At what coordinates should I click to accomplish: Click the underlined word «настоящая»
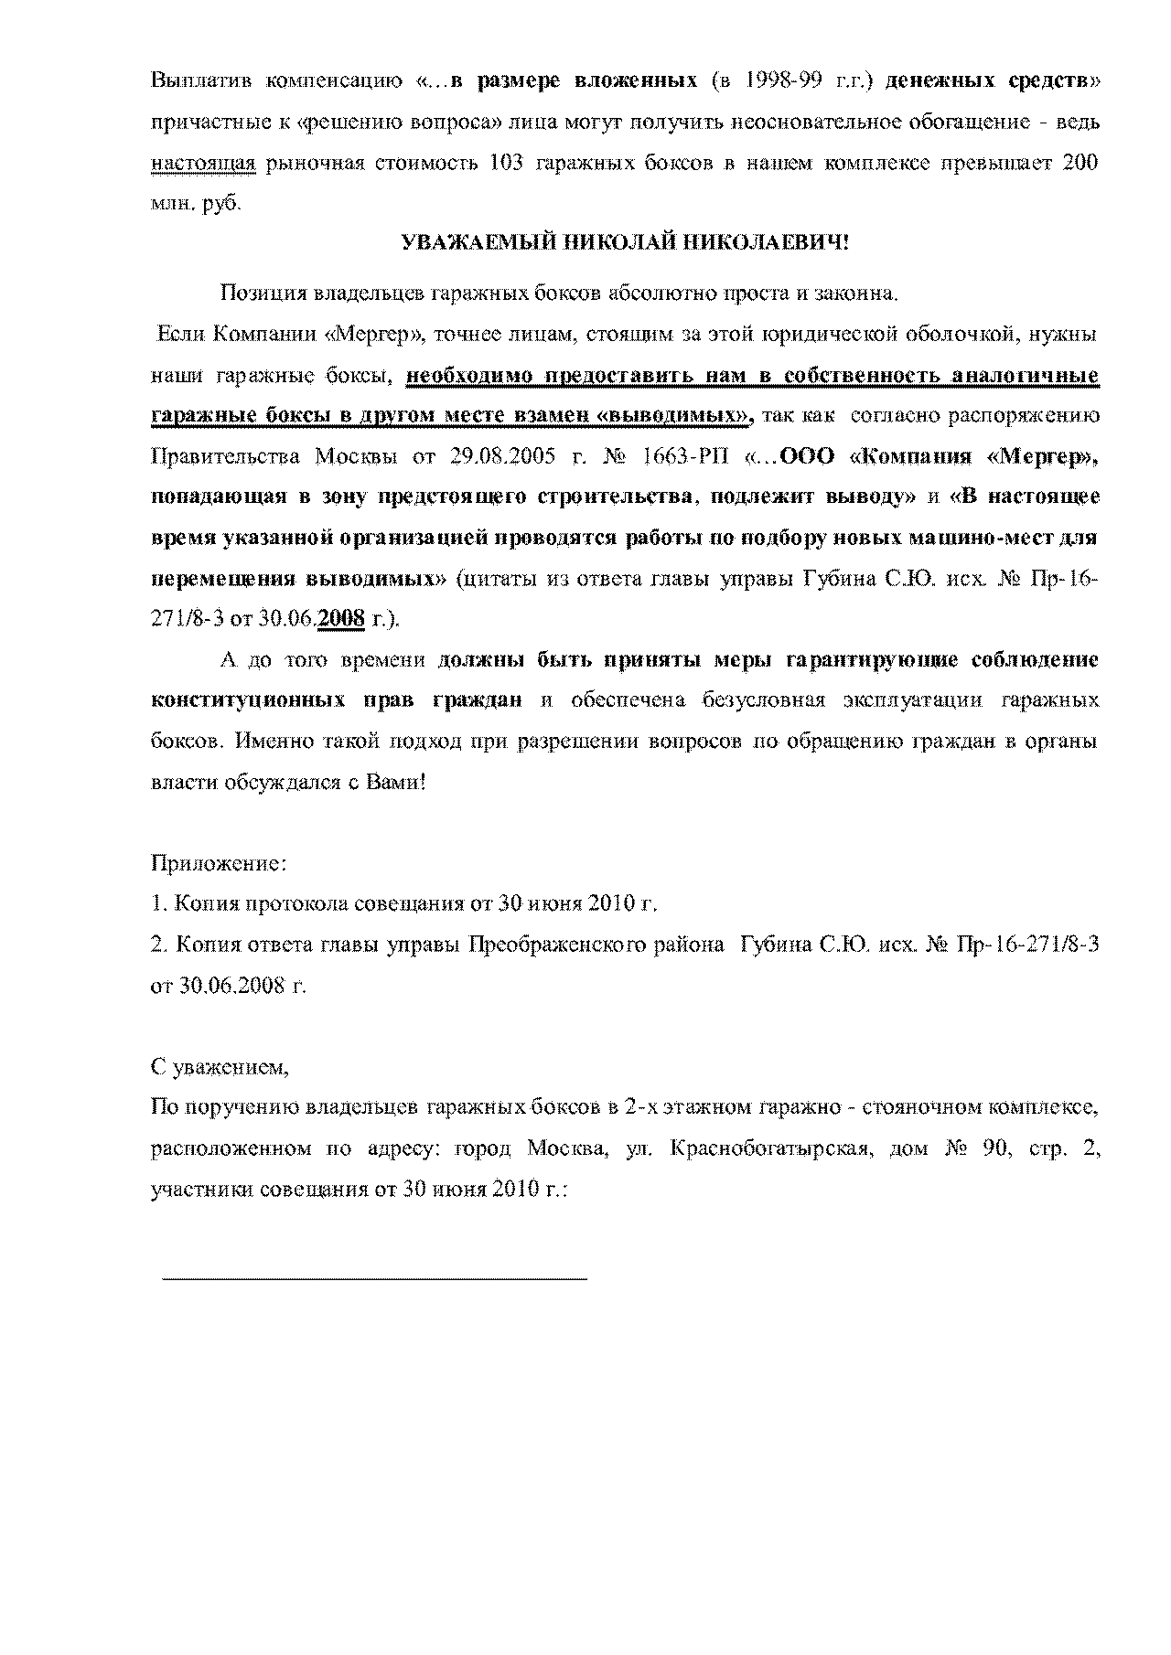[x=201, y=163]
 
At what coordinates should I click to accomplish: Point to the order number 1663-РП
[x=695, y=456]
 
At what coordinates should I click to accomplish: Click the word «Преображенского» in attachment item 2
[x=545, y=945]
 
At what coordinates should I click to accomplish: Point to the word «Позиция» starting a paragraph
[x=263, y=294]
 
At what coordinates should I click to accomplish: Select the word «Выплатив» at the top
[x=199, y=81]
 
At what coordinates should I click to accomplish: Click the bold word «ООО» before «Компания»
[x=809, y=456]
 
